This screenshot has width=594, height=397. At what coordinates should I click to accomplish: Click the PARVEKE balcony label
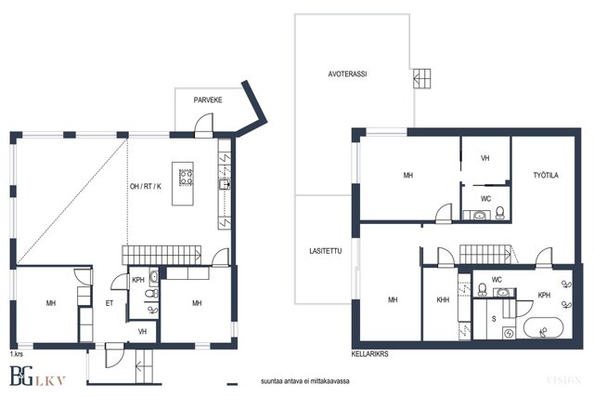click(x=208, y=100)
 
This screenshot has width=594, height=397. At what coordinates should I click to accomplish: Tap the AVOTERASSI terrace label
click(x=347, y=74)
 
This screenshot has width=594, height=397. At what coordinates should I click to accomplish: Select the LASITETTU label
click(x=326, y=251)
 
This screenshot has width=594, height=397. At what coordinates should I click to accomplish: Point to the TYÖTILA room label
click(x=546, y=176)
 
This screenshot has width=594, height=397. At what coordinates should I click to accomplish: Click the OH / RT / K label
click(x=146, y=186)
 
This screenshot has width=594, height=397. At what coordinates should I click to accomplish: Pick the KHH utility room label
click(x=443, y=299)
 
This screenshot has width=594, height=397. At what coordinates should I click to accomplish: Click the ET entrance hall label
click(x=110, y=303)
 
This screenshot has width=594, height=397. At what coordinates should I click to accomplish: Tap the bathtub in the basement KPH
click(x=543, y=329)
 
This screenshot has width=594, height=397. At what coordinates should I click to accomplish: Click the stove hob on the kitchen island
click(x=186, y=178)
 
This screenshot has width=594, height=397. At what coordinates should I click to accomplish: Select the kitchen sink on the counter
click(x=224, y=184)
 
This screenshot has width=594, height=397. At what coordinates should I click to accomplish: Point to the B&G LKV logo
click(x=37, y=377)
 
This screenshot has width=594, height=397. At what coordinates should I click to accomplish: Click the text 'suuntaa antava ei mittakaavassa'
click(x=305, y=381)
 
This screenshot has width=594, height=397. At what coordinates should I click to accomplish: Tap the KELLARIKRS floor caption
click(x=369, y=353)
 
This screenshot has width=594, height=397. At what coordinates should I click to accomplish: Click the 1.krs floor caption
click(x=17, y=354)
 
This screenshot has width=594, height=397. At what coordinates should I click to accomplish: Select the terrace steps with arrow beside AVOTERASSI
click(x=421, y=79)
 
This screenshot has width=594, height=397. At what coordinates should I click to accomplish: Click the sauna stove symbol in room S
click(x=509, y=334)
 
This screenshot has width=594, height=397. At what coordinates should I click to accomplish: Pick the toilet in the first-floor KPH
click(x=152, y=294)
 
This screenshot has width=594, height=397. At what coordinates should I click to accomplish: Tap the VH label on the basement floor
click(x=484, y=158)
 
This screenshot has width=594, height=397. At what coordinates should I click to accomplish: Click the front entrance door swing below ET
click(x=114, y=356)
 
